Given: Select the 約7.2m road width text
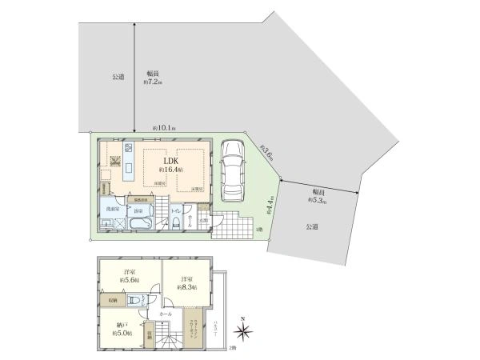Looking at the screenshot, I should [153, 78].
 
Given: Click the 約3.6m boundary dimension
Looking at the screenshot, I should [266, 151].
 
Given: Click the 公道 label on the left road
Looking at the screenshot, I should [118, 77].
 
